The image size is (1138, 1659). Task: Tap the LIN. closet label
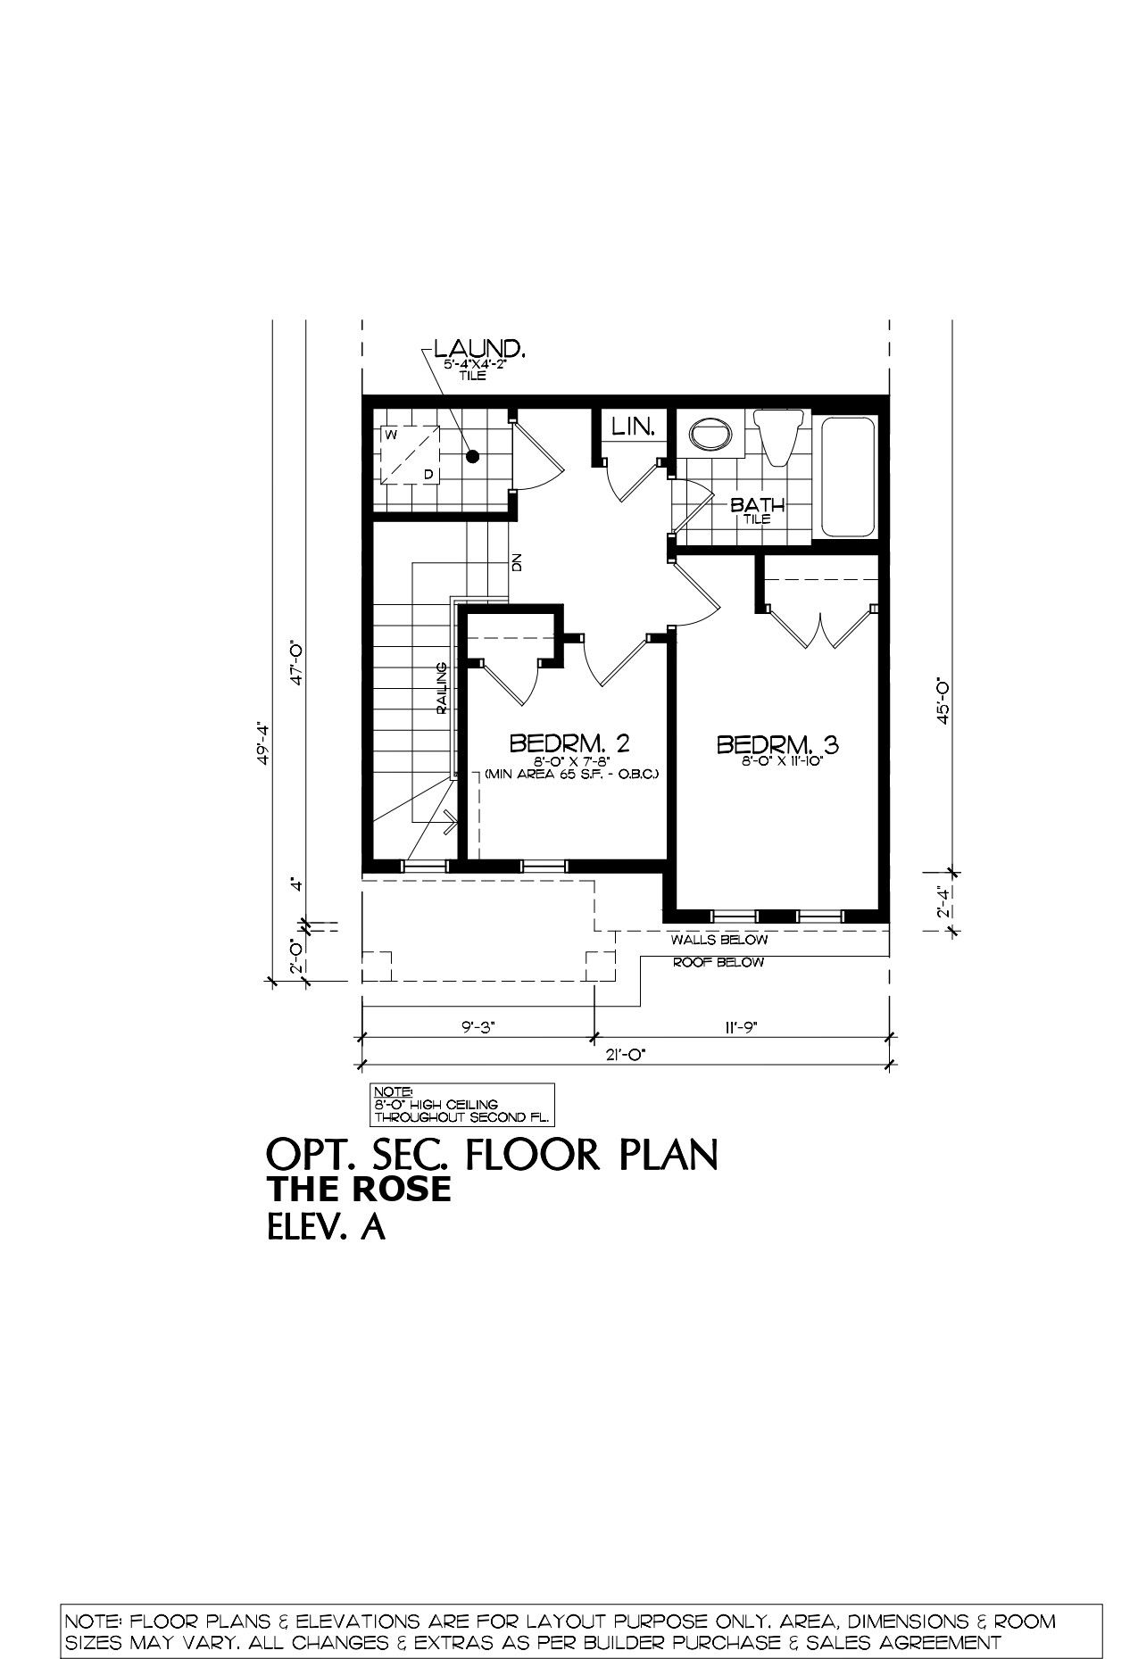click(x=634, y=427)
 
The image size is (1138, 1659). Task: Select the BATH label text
click(x=758, y=505)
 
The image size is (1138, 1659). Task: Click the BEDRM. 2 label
click(x=570, y=742)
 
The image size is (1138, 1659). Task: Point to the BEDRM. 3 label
click(x=779, y=742)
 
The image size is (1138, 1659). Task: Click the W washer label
click(x=391, y=435)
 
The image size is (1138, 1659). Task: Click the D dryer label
click(x=428, y=474)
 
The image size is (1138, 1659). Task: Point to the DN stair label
click(x=516, y=563)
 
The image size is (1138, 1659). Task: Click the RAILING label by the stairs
click(x=442, y=688)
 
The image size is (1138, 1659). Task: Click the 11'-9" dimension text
click(x=740, y=1027)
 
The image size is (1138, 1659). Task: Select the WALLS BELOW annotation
click(x=719, y=940)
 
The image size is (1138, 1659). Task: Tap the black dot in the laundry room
click(x=473, y=456)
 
